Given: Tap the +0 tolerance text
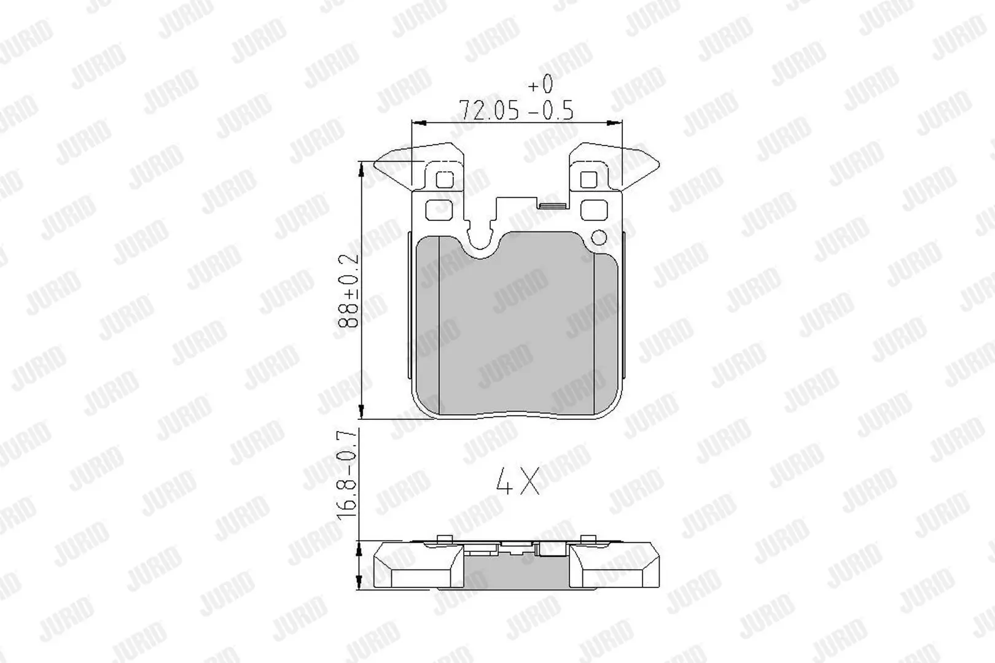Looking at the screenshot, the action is tap(540, 83).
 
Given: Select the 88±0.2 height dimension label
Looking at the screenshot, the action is tap(348, 291).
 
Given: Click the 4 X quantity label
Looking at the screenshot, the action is tap(518, 481).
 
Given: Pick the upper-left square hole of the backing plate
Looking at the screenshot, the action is tap(444, 180).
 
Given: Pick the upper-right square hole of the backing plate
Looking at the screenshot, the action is tap(588, 180).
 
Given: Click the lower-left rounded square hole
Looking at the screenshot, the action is tap(439, 209).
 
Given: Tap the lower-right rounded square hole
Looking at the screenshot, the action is tap(594, 209).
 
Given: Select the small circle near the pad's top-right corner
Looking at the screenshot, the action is tap(599, 238).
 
